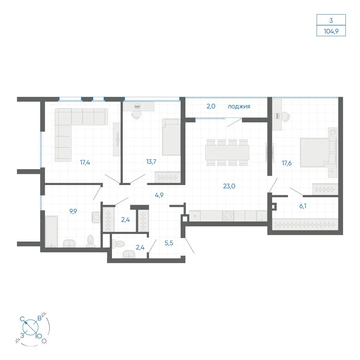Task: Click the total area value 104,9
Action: pyautogui.click(x=331, y=31)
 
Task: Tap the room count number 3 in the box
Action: pyautogui.click(x=331, y=21)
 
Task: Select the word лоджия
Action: pyautogui.click(x=239, y=107)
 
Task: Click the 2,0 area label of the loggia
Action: pyautogui.click(x=211, y=106)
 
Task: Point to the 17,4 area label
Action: pyautogui.click(x=85, y=163)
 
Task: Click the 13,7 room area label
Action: pyautogui.click(x=151, y=162)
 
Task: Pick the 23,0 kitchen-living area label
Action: pyautogui.click(x=229, y=186)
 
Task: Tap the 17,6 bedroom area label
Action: pyautogui.click(x=287, y=163)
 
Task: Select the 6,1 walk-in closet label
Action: pyautogui.click(x=303, y=206)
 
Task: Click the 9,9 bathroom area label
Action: pyautogui.click(x=73, y=211)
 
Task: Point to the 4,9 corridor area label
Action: pyautogui.click(x=159, y=195)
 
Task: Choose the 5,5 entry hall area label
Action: pyautogui.click(x=169, y=243)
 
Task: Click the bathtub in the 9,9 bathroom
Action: pyautogui.click(x=51, y=231)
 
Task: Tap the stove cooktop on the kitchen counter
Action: pyautogui.click(x=228, y=216)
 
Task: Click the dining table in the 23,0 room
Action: pyautogui.click(x=227, y=153)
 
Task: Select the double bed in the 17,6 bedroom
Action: pyautogui.click(x=318, y=152)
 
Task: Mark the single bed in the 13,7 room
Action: pyautogui.click(x=171, y=137)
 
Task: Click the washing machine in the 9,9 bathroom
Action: pyautogui.click(x=96, y=217)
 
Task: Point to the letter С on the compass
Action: pyautogui.click(x=22, y=319)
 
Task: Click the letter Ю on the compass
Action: pyautogui.click(x=39, y=336)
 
